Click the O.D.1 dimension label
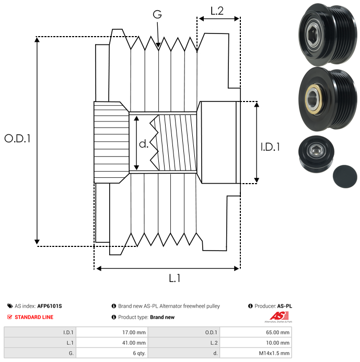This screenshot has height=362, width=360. point(18,139)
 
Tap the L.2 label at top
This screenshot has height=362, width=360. point(217,10)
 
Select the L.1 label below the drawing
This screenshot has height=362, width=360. point(175,279)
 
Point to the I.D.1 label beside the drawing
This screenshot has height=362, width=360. point(270,148)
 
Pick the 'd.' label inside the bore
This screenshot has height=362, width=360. point(144,144)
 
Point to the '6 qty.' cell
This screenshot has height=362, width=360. point(138,353)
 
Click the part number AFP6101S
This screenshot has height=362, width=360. point(50,306)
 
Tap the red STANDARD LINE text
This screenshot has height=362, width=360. point(34,317)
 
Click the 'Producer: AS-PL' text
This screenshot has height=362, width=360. point(272,306)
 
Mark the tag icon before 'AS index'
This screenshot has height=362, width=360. point(10,306)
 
